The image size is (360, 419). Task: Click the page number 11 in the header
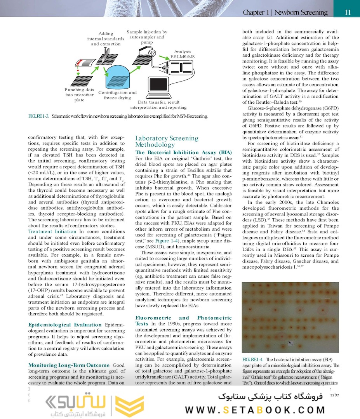tap(348, 12)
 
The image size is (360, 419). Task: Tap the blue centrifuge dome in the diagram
tap(121, 77)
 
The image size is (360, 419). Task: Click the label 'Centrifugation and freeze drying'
tap(117, 95)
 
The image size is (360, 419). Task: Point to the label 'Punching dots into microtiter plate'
tap(79, 95)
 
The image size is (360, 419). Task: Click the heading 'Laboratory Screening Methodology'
tap(167, 141)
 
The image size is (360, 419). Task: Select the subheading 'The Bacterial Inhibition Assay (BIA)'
tap(183, 152)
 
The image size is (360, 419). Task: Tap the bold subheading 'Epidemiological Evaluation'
tap(65, 325)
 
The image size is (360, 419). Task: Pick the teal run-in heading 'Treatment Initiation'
tap(52, 231)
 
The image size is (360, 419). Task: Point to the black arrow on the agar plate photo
tap(290, 343)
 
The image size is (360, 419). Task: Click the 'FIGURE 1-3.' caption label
tap(38, 116)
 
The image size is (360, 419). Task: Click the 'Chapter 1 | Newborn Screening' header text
tap(285, 12)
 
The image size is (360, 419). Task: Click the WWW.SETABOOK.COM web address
tap(255, 410)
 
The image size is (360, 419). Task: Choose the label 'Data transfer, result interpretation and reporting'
tap(158, 104)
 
